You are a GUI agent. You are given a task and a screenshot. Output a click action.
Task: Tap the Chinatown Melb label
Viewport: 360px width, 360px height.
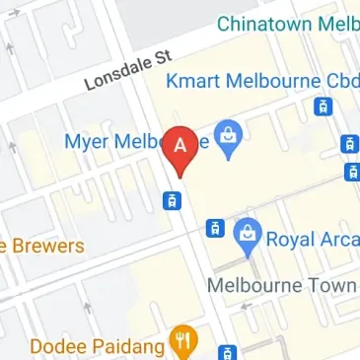click(x=287, y=22)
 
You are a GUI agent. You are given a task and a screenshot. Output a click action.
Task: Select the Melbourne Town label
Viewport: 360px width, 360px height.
click(x=282, y=286)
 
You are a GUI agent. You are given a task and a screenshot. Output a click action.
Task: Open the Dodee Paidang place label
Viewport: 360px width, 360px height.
click(x=94, y=346)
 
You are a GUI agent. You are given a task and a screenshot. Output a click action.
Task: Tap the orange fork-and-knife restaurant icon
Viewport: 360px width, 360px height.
click(x=181, y=342)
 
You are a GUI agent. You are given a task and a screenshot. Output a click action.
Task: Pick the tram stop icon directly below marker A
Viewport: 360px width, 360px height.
click(x=171, y=200)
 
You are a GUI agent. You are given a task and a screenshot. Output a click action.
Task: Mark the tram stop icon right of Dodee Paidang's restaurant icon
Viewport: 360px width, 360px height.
click(x=227, y=352)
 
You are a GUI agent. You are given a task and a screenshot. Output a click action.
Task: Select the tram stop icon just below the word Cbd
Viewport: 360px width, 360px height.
click(x=322, y=107)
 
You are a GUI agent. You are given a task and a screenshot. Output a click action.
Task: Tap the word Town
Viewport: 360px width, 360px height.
click(x=331, y=286)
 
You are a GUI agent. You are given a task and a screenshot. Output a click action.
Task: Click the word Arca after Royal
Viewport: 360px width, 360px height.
click(x=339, y=239)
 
